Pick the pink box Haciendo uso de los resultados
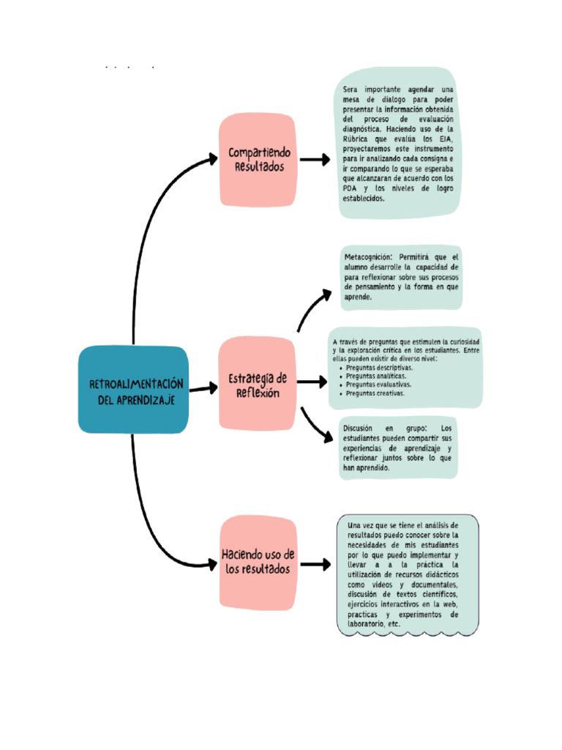click(x=258, y=562)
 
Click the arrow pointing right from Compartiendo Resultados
click(x=315, y=160)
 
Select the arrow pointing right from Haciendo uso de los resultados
click(x=315, y=564)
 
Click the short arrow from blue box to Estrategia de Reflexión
click(x=203, y=389)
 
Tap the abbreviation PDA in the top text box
click(x=351, y=187)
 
